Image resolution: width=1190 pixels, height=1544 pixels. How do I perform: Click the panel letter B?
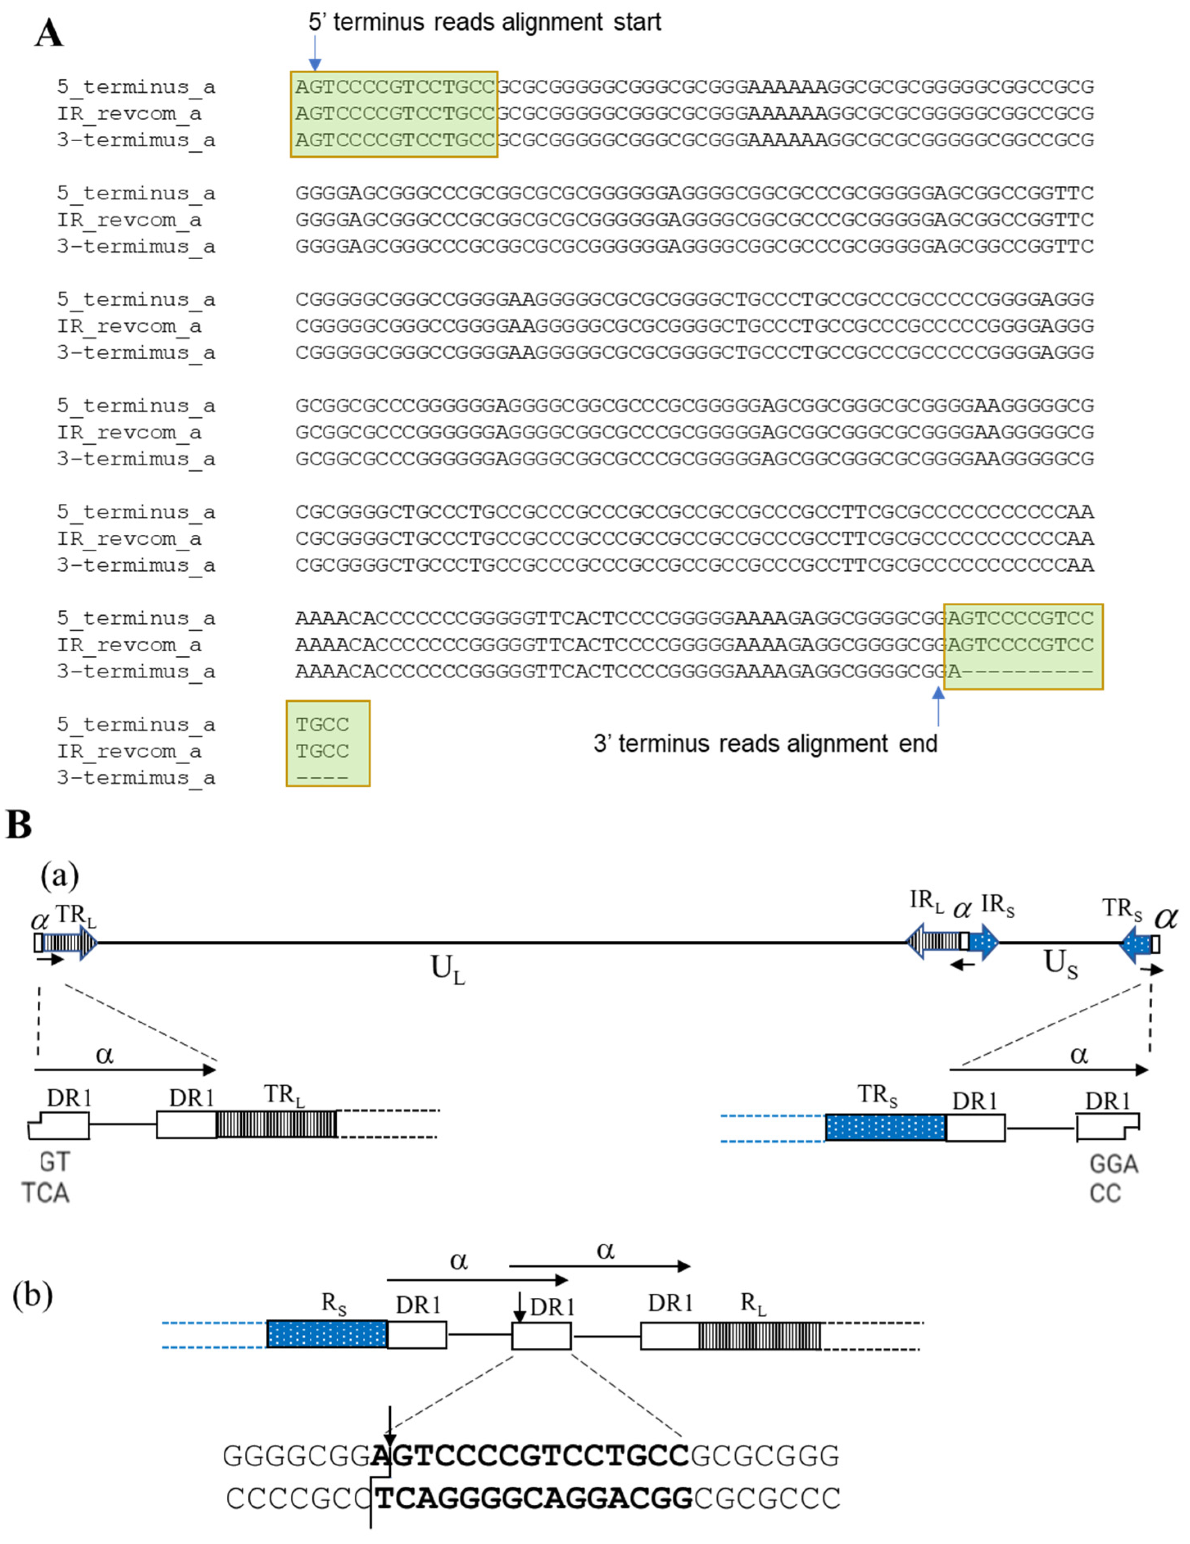(x=19, y=824)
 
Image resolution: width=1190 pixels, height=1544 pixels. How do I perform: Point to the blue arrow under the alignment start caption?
(x=315, y=52)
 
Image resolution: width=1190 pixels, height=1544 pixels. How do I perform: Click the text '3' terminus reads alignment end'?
(x=765, y=744)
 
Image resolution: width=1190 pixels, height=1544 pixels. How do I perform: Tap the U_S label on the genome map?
(x=1061, y=964)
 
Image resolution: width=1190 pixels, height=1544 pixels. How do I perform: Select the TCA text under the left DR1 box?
(x=45, y=1193)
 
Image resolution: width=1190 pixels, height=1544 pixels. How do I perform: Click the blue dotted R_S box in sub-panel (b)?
(x=326, y=1334)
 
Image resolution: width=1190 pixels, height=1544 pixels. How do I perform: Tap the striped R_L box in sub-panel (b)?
(x=759, y=1336)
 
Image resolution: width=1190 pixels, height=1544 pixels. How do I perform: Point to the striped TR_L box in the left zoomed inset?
(x=276, y=1124)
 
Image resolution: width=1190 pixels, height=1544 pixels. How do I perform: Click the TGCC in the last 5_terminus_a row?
(x=322, y=724)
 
